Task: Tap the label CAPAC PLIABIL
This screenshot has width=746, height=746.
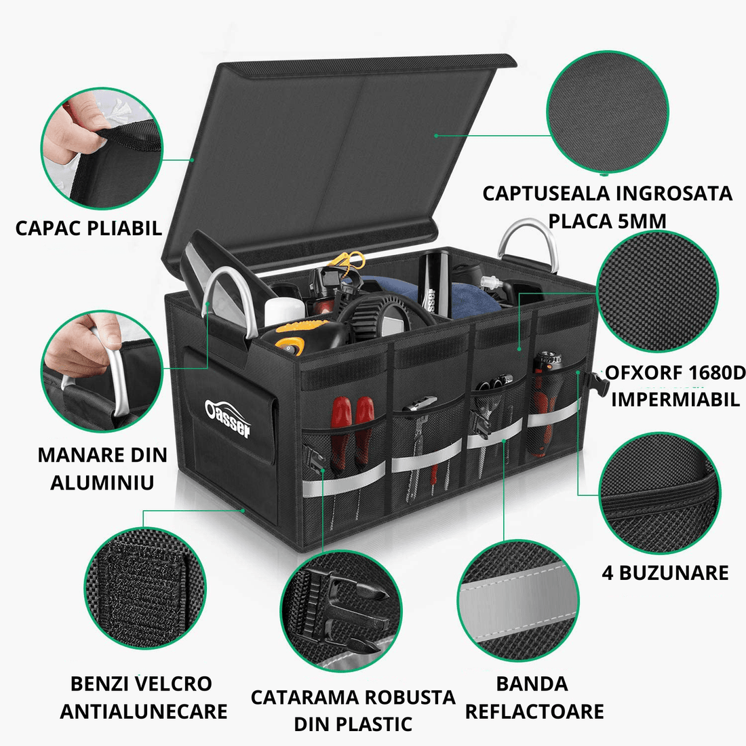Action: click(x=88, y=228)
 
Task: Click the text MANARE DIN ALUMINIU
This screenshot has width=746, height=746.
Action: click(x=102, y=468)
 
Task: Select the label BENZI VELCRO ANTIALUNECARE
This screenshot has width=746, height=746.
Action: click(x=142, y=697)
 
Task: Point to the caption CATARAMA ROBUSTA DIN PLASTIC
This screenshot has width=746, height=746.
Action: click(x=353, y=710)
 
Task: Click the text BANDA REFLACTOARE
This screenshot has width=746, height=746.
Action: click(x=534, y=697)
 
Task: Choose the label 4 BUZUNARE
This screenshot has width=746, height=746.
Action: click(x=665, y=572)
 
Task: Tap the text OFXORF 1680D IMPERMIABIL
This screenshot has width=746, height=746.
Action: click(x=675, y=385)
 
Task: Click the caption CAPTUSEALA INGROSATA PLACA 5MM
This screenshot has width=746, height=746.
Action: click(x=607, y=207)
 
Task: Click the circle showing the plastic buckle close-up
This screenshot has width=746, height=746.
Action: click(x=341, y=611)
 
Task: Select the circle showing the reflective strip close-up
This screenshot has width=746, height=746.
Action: click(x=519, y=601)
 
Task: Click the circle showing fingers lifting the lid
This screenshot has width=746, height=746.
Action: click(x=102, y=148)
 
